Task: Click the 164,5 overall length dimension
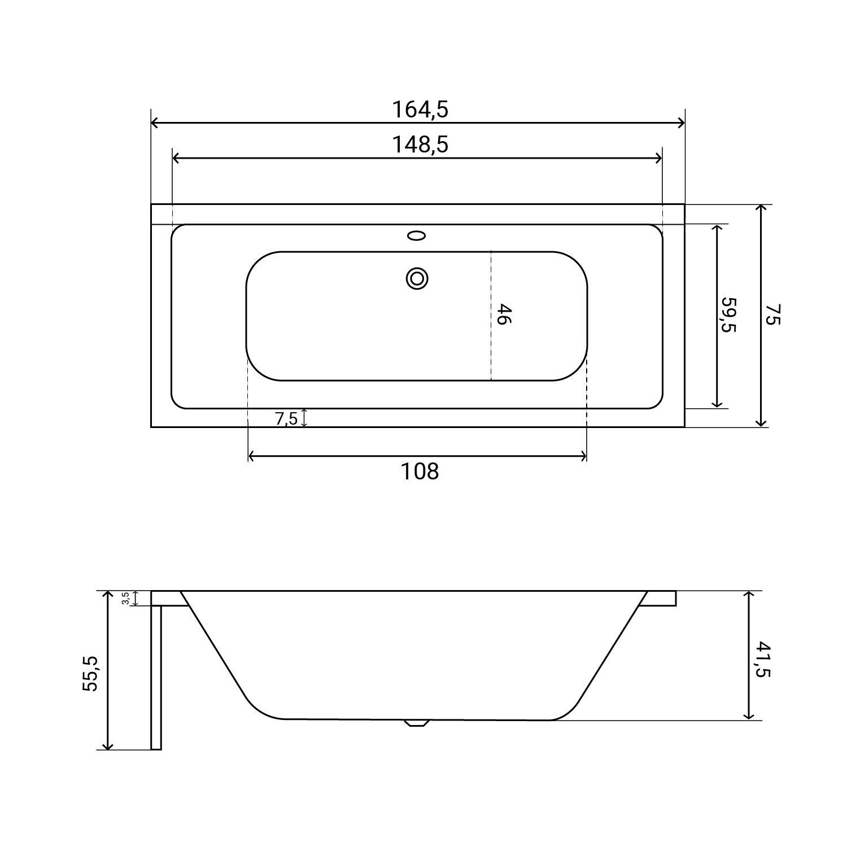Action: [x=420, y=109]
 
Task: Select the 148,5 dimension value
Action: [x=420, y=145]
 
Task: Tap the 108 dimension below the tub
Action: [x=420, y=471]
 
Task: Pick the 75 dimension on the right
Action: [x=772, y=315]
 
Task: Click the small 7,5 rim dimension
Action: [x=286, y=419]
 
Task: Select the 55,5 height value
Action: [x=90, y=673]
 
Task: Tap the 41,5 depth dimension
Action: [x=762, y=658]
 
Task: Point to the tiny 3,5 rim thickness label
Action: [x=125, y=599]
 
